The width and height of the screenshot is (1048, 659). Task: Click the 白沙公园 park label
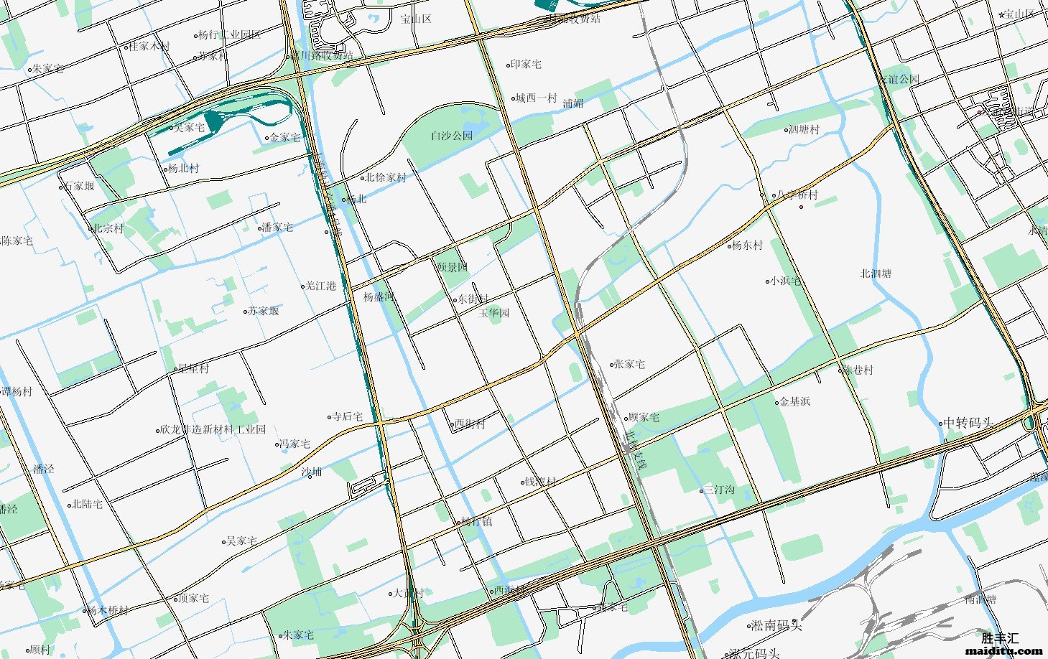coord(452,135)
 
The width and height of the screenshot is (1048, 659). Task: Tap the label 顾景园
coord(453,267)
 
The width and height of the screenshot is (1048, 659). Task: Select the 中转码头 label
coord(968,423)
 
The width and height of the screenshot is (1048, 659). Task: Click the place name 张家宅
coord(629,364)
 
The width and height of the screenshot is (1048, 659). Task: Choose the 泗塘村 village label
coord(804,130)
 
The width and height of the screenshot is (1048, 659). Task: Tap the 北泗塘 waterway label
coord(876,274)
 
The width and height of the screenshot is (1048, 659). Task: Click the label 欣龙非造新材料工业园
coord(213,429)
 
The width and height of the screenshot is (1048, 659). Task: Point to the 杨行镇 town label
coord(476,522)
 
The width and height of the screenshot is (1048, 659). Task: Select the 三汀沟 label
coord(718,490)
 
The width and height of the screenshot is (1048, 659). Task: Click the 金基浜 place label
coord(794,402)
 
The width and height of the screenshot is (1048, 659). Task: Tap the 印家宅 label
coord(526,65)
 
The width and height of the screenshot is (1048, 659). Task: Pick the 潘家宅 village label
coord(277,228)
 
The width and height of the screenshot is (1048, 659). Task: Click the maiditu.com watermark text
coord(1002,651)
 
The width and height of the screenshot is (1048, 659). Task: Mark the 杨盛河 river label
coord(379,296)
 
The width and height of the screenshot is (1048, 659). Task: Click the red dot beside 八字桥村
coord(802,207)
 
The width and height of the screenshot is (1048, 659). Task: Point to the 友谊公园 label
coord(899,79)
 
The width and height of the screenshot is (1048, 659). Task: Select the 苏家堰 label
coord(264,311)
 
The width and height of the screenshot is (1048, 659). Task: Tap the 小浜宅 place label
coord(784,281)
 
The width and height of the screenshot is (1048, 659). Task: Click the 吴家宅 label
coord(241,541)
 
